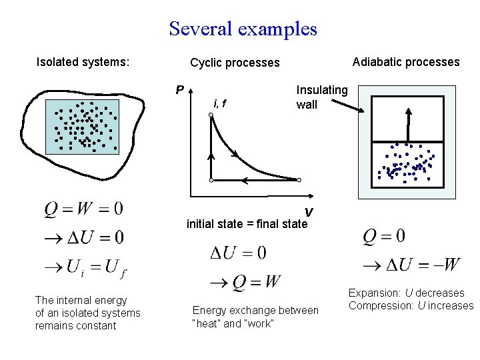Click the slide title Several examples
pyautogui.click(x=243, y=29)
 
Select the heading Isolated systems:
pyautogui.click(x=83, y=63)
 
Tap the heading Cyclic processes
pyautogui.click(x=235, y=63)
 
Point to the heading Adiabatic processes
pyautogui.click(x=405, y=62)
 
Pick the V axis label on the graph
pyautogui.click(x=309, y=212)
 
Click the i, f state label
pyautogui.click(x=219, y=103)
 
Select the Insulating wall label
pyautogui.click(x=321, y=97)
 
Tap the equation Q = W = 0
pyautogui.click(x=83, y=209)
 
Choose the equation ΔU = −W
pyautogui.click(x=411, y=265)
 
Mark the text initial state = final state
pyautogui.click(x=247, y=224)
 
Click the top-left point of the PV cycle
pyautogui.click(x=211, y=115)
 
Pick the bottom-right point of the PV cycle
pyautogui.click(x=299, y=180)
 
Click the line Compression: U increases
pyautogui.click(x=411, y=305)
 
